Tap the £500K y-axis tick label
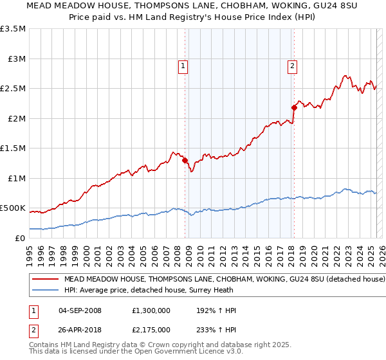pos(13,208)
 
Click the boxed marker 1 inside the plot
pos(183,65)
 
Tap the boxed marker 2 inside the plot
pos(292,65)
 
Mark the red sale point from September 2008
pos(185,161)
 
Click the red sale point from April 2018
pos(294,108)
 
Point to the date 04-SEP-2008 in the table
pos(80,310)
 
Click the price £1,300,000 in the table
pos(152,310)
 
